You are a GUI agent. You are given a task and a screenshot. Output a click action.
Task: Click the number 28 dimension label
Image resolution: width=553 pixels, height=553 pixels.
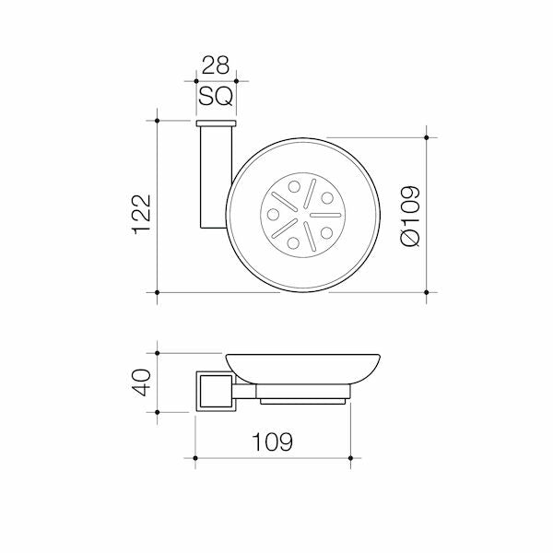[215, 65]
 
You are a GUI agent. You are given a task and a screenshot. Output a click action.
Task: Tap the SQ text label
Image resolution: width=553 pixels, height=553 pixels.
[216, 96]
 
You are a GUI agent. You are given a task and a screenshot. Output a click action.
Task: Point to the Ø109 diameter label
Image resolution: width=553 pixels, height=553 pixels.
[410, 216]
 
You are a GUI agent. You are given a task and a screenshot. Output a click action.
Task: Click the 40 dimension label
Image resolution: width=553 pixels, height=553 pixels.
[141, 382]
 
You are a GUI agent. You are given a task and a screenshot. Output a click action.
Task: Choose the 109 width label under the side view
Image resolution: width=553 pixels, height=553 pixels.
[272, 441]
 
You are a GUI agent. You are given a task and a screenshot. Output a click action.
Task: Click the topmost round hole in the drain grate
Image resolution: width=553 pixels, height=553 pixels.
[294, 186]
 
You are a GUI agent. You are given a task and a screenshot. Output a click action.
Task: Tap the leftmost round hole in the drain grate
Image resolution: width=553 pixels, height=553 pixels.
[274, 215]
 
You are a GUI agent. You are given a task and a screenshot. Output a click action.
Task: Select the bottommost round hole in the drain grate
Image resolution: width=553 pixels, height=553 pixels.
[293, 243]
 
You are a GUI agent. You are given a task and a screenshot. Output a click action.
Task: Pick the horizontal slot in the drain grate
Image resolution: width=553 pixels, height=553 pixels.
[325, 215]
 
